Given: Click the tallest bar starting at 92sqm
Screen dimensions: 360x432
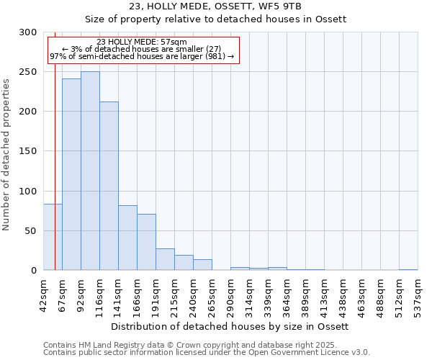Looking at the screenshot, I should [90, 171].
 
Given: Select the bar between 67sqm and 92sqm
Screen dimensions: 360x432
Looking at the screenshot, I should [71, 174].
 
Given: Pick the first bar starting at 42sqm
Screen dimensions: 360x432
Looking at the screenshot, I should [53, 237].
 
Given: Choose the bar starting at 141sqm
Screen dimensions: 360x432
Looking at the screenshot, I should [127, 238].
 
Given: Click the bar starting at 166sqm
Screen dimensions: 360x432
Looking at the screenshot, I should [146, 242].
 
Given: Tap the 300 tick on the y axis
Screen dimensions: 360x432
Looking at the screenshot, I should [28, 32].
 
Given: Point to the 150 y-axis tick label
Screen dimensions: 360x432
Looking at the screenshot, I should [28, 151].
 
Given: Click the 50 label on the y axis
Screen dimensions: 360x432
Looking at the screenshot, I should [31, 231].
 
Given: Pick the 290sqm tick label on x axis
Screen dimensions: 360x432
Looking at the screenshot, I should [230, 296].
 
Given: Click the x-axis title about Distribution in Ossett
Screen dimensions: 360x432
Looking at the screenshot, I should [230, 326].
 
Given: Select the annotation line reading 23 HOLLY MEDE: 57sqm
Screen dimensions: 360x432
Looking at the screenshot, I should [141, 42].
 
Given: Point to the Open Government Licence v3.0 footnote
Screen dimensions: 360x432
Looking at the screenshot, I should [207, 352].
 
